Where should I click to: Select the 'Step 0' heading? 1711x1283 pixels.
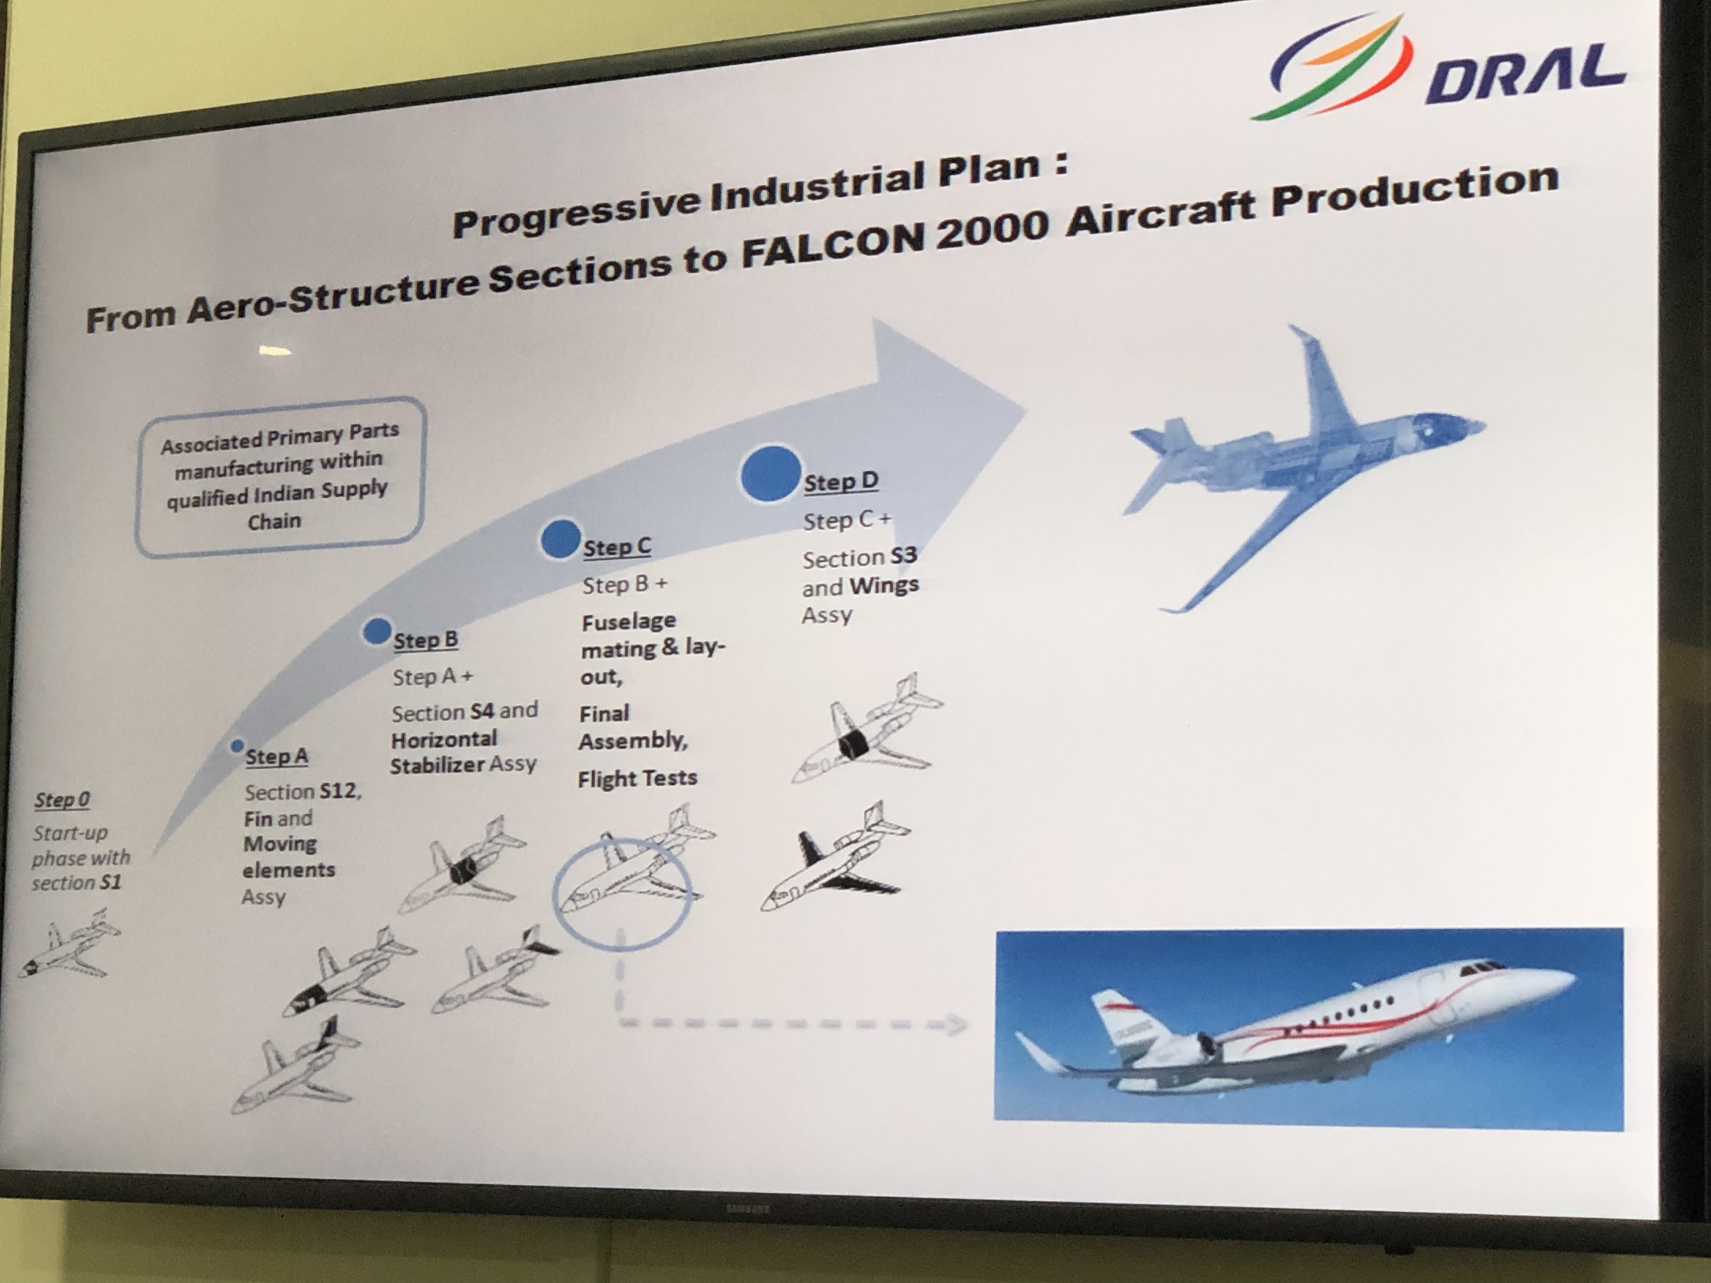coord(62,800)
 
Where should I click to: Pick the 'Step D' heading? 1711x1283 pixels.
coord(841,481)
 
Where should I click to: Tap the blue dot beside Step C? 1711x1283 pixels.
coord(561,539)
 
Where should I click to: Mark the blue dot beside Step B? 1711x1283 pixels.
coord(377,631)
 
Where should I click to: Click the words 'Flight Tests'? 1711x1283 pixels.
coord(637,778)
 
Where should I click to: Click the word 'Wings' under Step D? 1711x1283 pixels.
coord(884,585)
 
